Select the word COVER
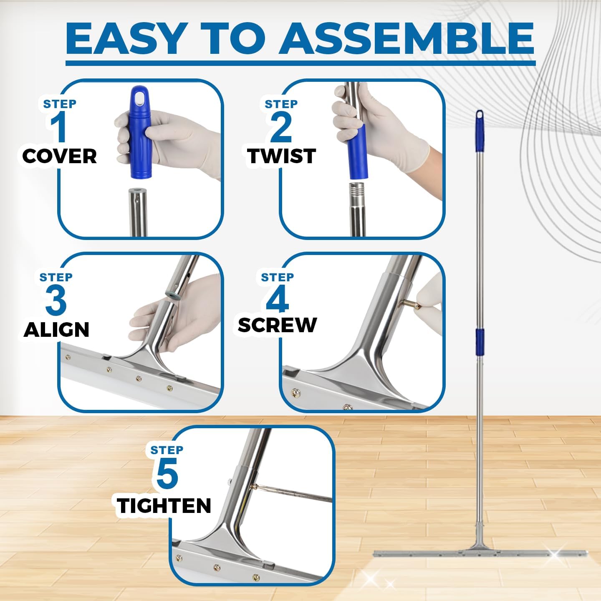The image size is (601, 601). coord(60,156)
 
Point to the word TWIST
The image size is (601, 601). coord(281,156)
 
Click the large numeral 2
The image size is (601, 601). coord(281,128)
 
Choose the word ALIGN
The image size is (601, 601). coord(56,330)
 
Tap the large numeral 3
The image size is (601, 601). coord(56,300)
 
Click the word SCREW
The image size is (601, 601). coord(277,325)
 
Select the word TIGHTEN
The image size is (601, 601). coord(164,505)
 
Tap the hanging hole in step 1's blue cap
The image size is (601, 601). coord(141,99)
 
